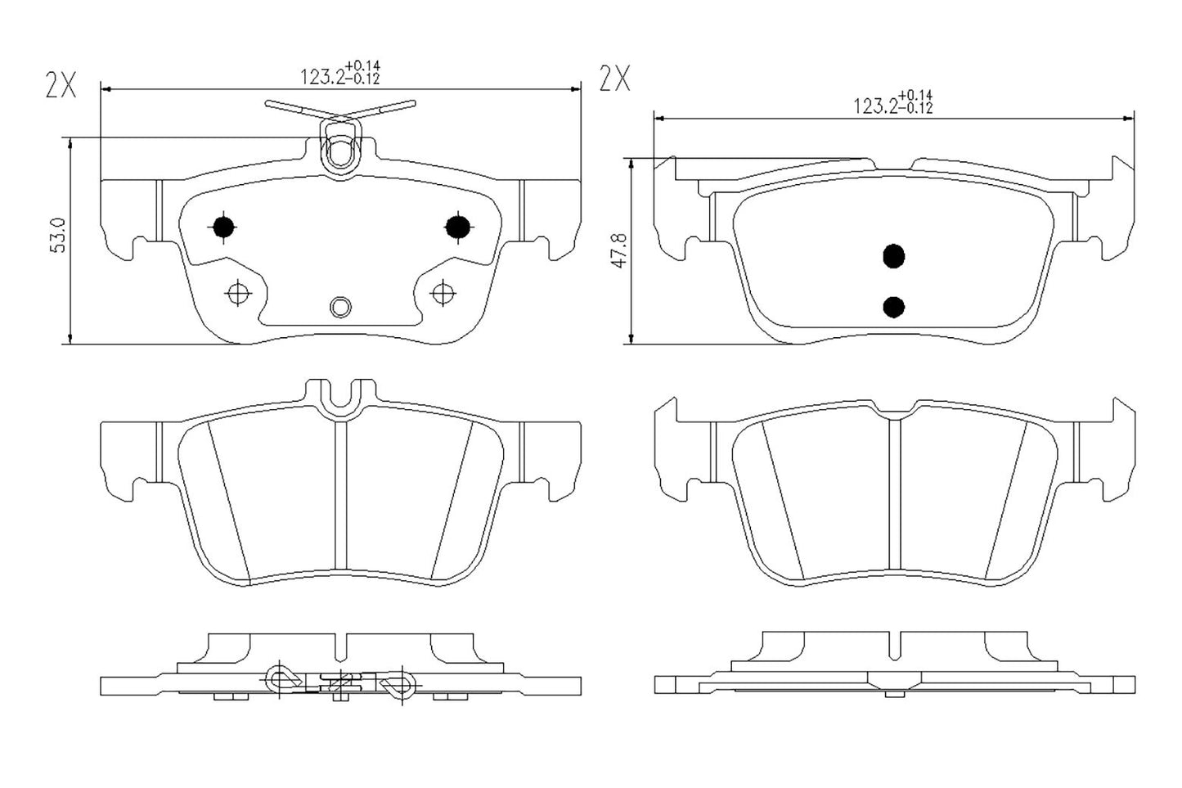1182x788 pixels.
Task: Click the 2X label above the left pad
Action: [x=61, y=86]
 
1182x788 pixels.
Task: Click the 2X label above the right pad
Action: [x=615, y=79]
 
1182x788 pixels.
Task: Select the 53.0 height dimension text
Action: [x=58, y=236]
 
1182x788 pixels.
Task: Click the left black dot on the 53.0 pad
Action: [x=222, y=227]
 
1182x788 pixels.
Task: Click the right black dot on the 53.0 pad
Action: [x=457, y=227]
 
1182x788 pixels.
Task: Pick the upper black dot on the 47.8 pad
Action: [x=894, y=256]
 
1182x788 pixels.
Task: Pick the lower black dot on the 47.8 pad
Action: [x=894, y=307]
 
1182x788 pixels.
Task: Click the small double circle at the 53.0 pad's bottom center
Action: [x=340, y=307]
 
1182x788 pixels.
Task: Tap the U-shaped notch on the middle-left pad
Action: [x=339, y=399]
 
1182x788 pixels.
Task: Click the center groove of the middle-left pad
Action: [x=340, y=491]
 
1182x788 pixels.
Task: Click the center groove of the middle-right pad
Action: [x=894, y=491]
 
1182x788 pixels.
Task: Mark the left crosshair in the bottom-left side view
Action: [x=280, y=679]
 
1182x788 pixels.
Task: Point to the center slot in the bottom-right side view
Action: [x=901, y=642]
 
